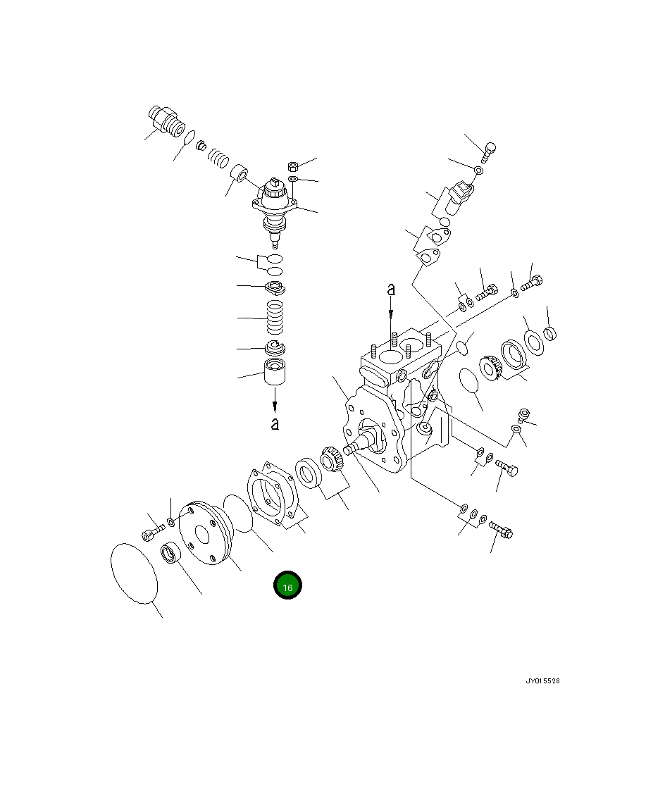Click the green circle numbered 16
tap(287, 585)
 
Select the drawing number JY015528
tap(542, 681)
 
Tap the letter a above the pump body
tap(391, 289)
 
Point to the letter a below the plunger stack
tap(275, 424)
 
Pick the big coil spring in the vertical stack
tap(275, 318)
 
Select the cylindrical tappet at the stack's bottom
tap(275, 371)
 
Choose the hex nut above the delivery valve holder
tap(294, 167)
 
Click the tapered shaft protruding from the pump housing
tap(359, 443)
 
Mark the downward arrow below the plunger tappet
tap(275, 402)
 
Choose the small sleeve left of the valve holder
tap(242, 173)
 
